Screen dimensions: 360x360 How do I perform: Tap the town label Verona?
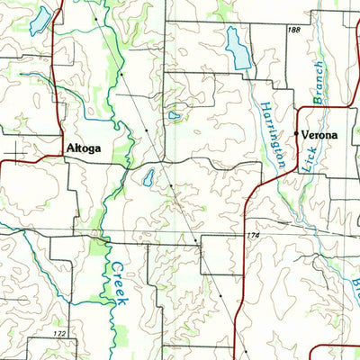(x=319, y=135)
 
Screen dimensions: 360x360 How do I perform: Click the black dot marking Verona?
(x=295, y=133)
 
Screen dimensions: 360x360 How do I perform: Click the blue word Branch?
(x=317, y=81)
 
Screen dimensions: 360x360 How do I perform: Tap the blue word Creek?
(x=118, y=283)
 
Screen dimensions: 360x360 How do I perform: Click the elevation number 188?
(x=293, y=31)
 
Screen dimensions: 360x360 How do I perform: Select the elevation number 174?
(x=256, y=235)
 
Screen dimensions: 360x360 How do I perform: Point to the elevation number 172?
(x=58, y=334)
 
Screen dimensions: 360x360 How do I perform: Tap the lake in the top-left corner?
(x=40, y=21)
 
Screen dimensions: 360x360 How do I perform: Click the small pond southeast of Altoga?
(x=148, y=177)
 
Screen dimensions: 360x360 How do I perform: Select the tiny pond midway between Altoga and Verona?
(x=173, y=115)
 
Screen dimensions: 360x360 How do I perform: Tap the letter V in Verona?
(x=305, y=135)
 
